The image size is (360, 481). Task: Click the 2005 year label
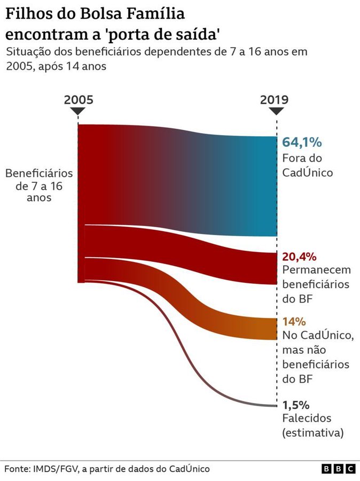(78, 100)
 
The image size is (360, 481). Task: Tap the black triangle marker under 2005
(78, 112)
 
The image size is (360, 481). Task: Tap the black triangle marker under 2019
(276, 112)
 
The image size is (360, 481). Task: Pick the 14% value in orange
(294, 322)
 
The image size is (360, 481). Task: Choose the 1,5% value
(296, 405)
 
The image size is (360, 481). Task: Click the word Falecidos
(307, 418)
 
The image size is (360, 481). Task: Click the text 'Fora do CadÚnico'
(307, 166)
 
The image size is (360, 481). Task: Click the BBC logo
(338, 469)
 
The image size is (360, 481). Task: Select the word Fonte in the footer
(17, 469)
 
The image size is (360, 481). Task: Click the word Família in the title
(147, 14)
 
